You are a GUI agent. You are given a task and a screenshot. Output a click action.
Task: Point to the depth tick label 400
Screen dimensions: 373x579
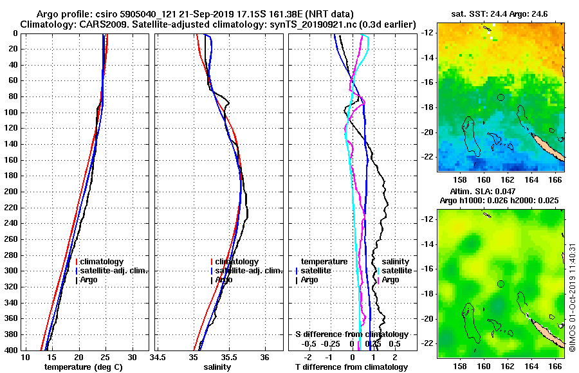pyautogui.click(x=12, y=350)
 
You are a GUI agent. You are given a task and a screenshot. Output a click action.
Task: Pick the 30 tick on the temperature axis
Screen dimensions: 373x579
pyautogui.click(x=132, y=357)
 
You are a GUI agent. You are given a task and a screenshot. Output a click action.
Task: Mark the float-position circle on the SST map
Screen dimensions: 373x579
pyautogui.click(x=501, y=97)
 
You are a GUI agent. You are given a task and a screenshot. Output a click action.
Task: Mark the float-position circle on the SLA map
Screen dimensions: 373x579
pyautogui.click(x=501, y=284)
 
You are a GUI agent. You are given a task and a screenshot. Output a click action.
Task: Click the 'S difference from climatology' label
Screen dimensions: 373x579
pyautogui.click(x=351, y=334)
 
